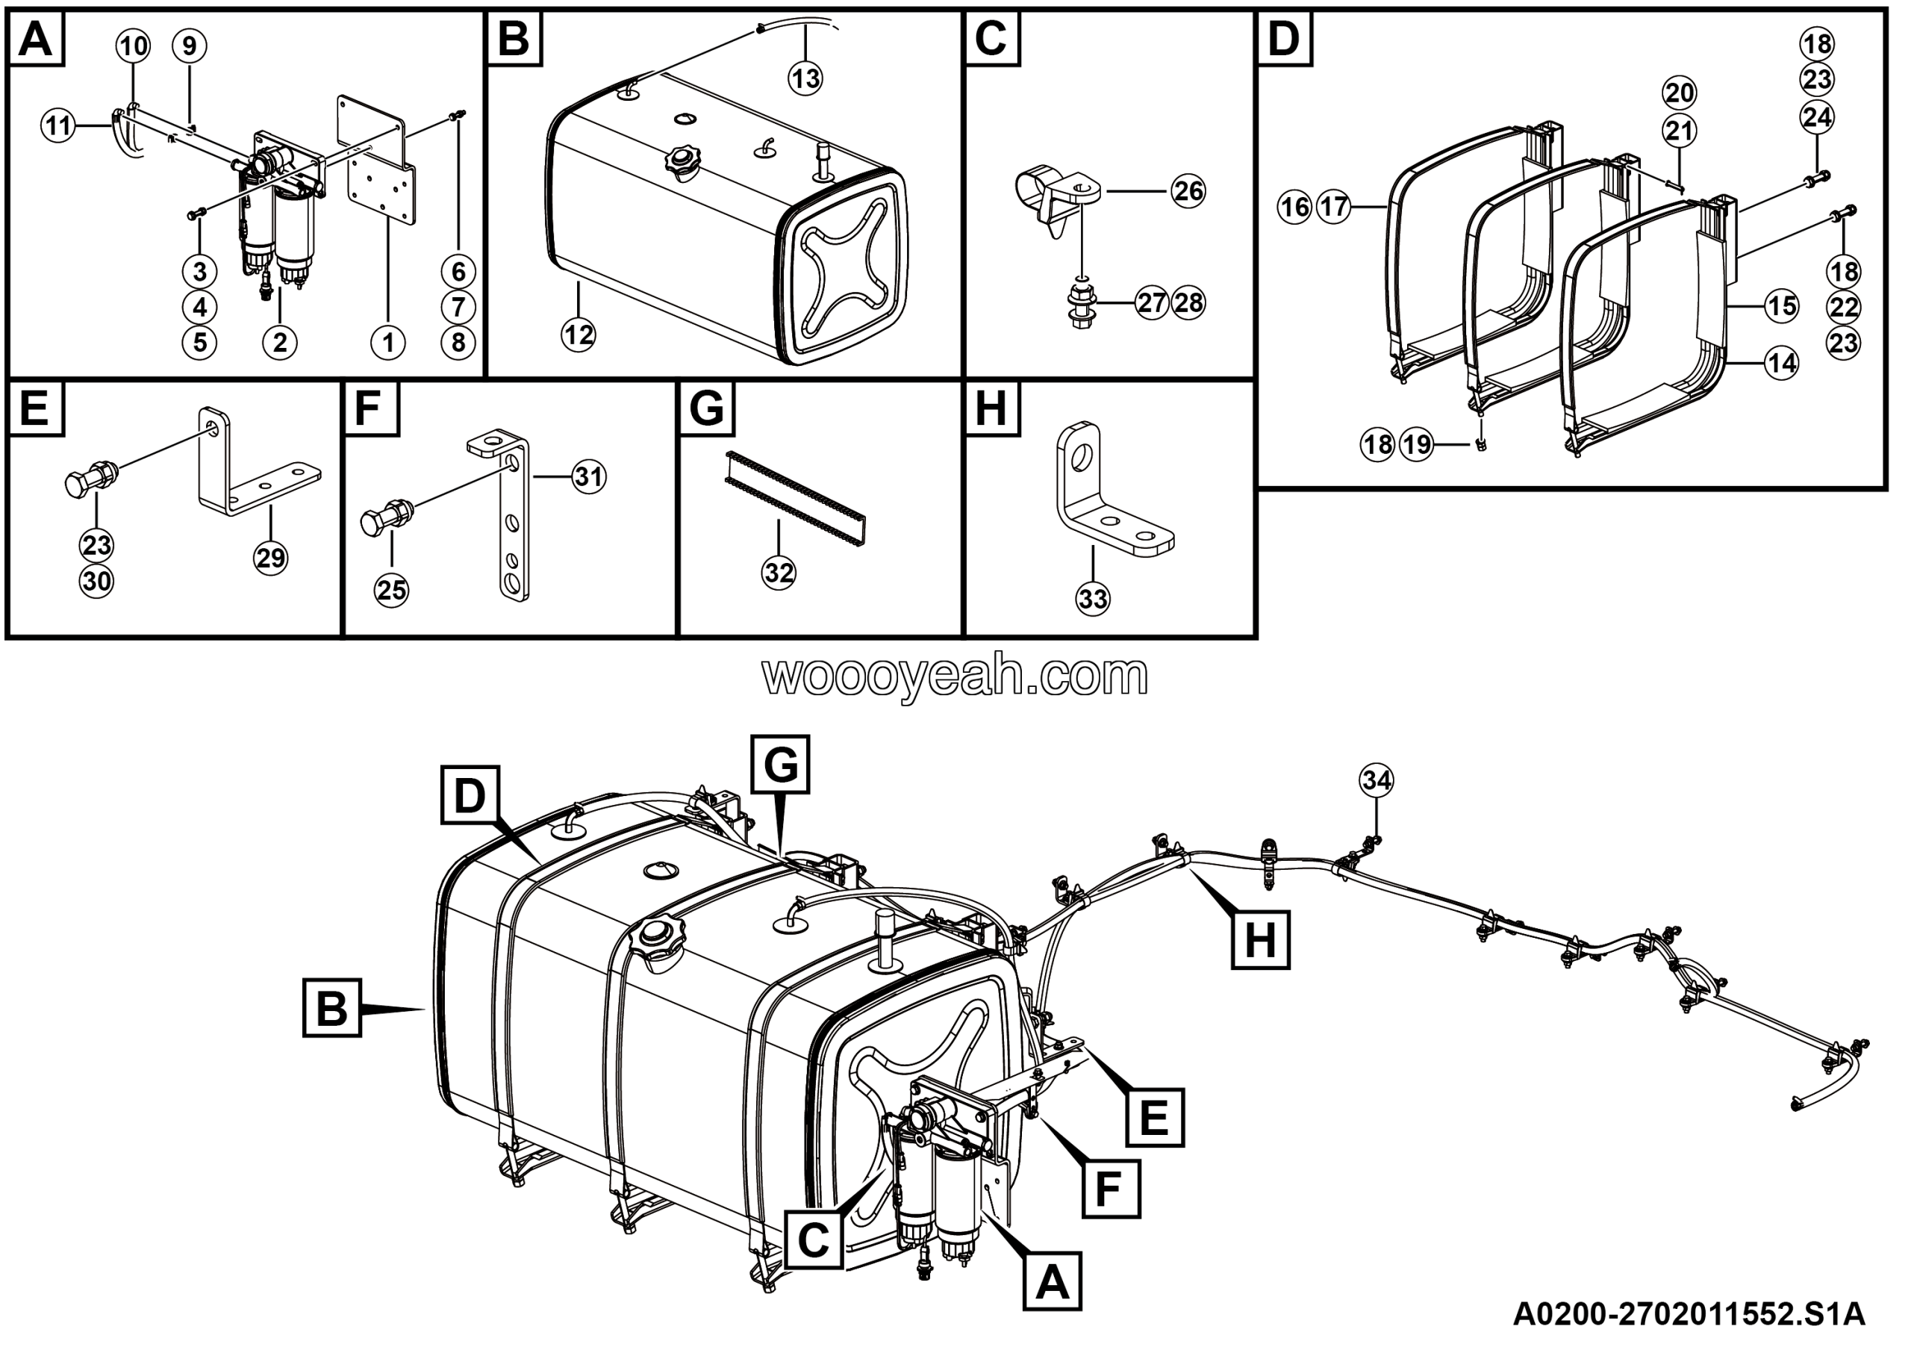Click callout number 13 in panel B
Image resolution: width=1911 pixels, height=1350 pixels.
(805, 79)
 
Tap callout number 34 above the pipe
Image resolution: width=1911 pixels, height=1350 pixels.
(1376, 781)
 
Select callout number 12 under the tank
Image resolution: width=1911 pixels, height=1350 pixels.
(579, 335)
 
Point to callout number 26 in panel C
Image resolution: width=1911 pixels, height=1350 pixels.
(1188, 191)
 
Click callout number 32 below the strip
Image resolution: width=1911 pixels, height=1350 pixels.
(779, 573)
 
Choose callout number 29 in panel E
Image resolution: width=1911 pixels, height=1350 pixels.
(270, 558)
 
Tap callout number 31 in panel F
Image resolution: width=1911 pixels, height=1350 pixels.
(588, 477)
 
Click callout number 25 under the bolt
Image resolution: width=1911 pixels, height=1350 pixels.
(391, 590)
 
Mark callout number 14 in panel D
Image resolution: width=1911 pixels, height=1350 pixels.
(1781, 363)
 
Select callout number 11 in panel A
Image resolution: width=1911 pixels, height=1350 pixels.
(58, 126)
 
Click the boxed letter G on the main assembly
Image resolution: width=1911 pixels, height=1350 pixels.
(780, 764)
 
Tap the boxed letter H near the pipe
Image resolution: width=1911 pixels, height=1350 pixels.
(1260, 939)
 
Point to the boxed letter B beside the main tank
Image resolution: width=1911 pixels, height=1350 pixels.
(332, 1008)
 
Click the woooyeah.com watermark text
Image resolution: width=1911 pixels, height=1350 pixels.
(955, 676)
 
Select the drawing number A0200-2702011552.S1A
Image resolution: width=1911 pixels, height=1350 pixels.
(1689, 1313)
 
